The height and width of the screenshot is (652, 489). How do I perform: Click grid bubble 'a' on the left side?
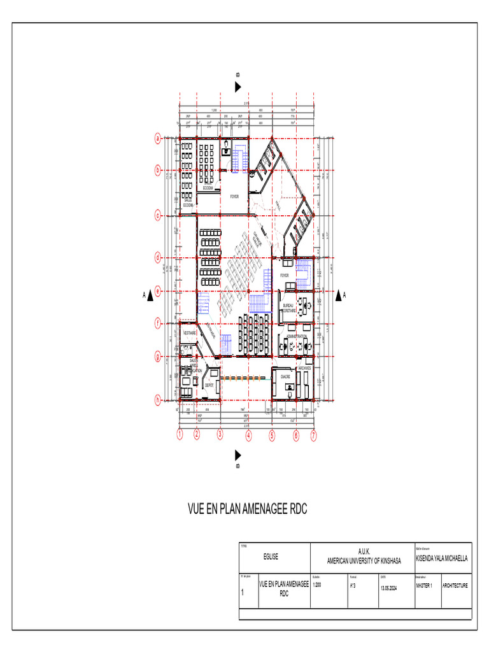coord(158,138)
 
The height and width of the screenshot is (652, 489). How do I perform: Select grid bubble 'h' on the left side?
coord(158,400)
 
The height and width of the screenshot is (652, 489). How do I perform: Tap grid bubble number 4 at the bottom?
coord(248,436)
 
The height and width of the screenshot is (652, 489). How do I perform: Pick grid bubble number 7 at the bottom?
coord(313,436)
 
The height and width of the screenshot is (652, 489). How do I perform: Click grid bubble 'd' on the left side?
coord(158,258)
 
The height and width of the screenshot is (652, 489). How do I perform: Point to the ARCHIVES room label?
coord(304,368)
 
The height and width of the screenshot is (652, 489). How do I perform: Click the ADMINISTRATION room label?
coord(297,336)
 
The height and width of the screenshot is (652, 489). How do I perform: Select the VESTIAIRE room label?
coord(189,332)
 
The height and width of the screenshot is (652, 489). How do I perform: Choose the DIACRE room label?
coord(286,376)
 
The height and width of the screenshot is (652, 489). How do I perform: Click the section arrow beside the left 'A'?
coord(152,295)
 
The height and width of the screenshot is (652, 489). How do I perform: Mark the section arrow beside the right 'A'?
coord(337,295)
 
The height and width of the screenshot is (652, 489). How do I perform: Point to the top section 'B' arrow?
coord(238,87)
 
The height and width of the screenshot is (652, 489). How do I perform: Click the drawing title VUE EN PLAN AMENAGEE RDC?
coord(247,510)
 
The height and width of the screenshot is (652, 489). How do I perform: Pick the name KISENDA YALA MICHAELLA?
coord(441,558)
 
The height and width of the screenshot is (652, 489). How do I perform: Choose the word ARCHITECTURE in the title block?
coord(456,585)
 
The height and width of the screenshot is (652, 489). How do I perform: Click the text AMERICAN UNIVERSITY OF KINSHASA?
coord(364,561)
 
